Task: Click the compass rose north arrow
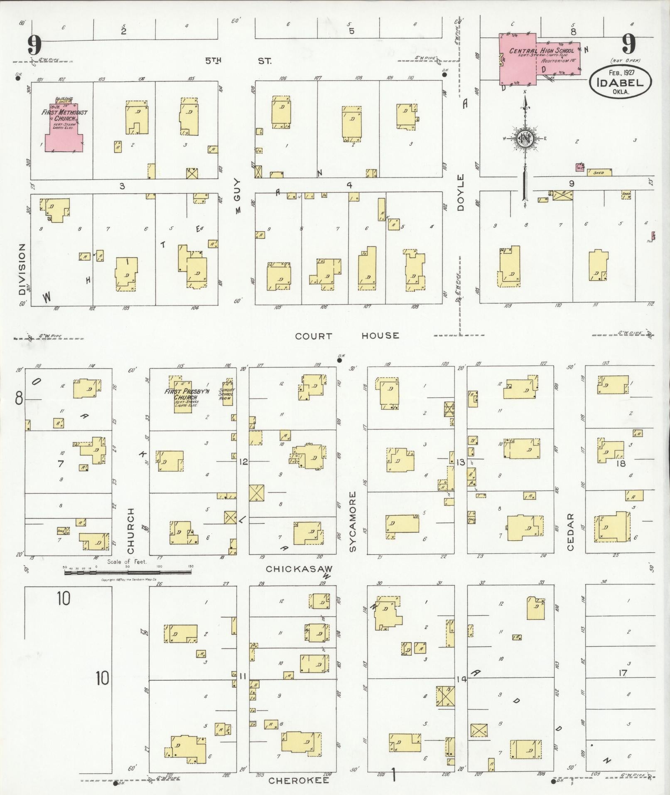(x=525, y=141)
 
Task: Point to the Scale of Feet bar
(x=128, y=573)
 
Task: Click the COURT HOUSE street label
(x=347, y=335)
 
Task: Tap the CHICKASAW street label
(x=299, y=568)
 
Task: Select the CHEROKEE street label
(x=299, y=780)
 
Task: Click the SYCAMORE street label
(x=353, y=522)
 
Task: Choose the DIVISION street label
(x=22, y=269)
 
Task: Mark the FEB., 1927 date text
(x=624, y=72)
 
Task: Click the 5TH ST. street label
(x=238, y=61)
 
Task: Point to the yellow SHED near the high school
(x=599, y=172)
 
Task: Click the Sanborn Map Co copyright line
(x=128, y=580)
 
